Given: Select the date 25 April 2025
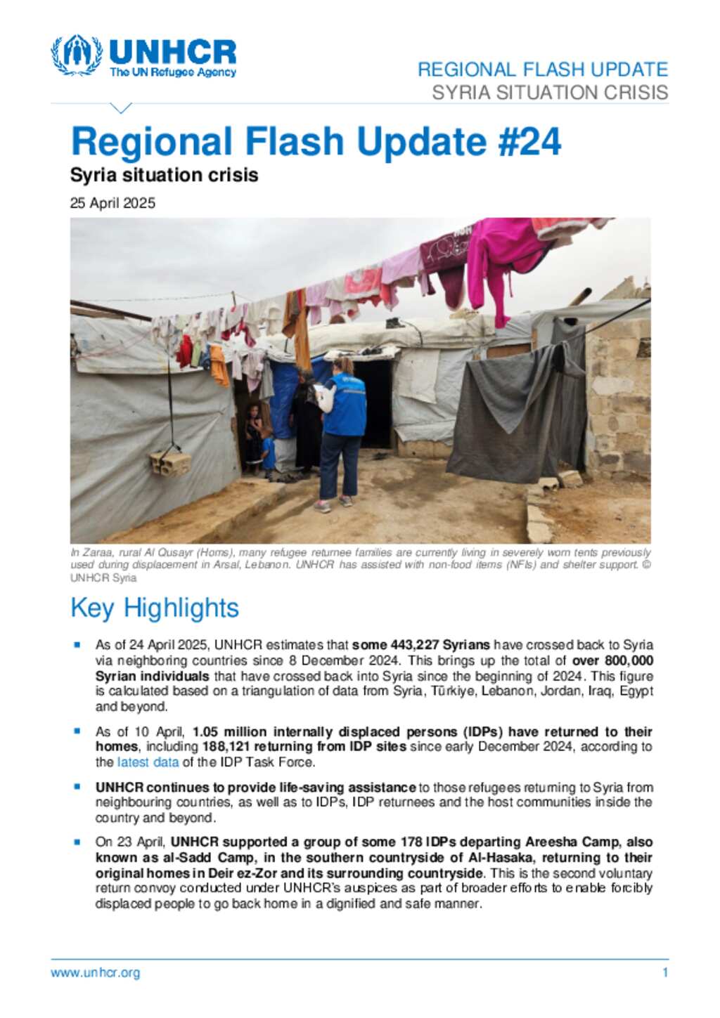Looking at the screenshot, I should click(x=112, y=203).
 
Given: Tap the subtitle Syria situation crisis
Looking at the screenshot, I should click(x=164, y=175).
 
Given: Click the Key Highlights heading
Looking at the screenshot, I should click(x=155, y=608).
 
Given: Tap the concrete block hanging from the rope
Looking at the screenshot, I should click(x=170, y=464).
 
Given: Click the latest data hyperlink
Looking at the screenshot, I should click(x=148, y=762).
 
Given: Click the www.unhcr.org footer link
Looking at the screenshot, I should click(x=95, y=973).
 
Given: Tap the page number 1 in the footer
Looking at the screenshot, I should click(x=664, y=973).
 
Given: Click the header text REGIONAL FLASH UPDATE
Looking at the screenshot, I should click(x=542, y=70).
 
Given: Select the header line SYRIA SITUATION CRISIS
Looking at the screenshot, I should click(x=549, y=93).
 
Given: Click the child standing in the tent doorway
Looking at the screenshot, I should click(x=254, y=436).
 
